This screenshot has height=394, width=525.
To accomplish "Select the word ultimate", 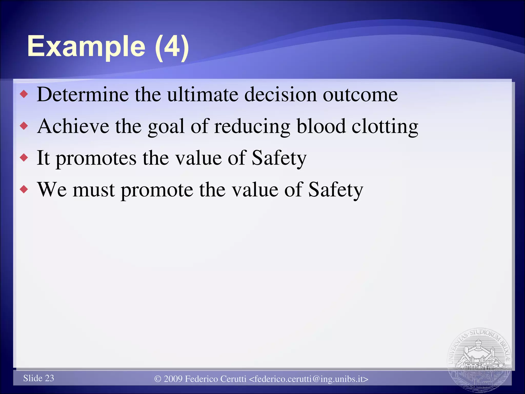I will pyautogui.click(x=203, y=95).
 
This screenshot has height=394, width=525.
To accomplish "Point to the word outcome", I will pyautogui.click(x=360, y=95).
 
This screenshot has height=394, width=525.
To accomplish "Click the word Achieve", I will pyautogui.click(x=73, y=126).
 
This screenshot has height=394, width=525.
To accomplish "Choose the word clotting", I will pyautogui.click(x=385, y=127).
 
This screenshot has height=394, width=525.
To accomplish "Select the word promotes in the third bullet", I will pyautogui.click(x=96, y=159).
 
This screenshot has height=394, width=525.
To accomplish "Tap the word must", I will pyautogui.click(x=94, y=190).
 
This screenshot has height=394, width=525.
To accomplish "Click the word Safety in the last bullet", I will pyautogui.click(x=336, y=190).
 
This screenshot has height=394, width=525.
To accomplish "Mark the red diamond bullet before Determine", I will pyautogui.click(x=24, y=94).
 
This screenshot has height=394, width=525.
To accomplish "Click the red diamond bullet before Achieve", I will pyautogui.click(x=24, y=126).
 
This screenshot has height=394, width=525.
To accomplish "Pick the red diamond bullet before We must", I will pyautogui.click(x=24, y=190).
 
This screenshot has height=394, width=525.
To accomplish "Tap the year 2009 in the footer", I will pyautogui.click(x=173, y=379).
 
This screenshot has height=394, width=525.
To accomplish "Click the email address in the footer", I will pyautogui.click(x=309, y=379).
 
